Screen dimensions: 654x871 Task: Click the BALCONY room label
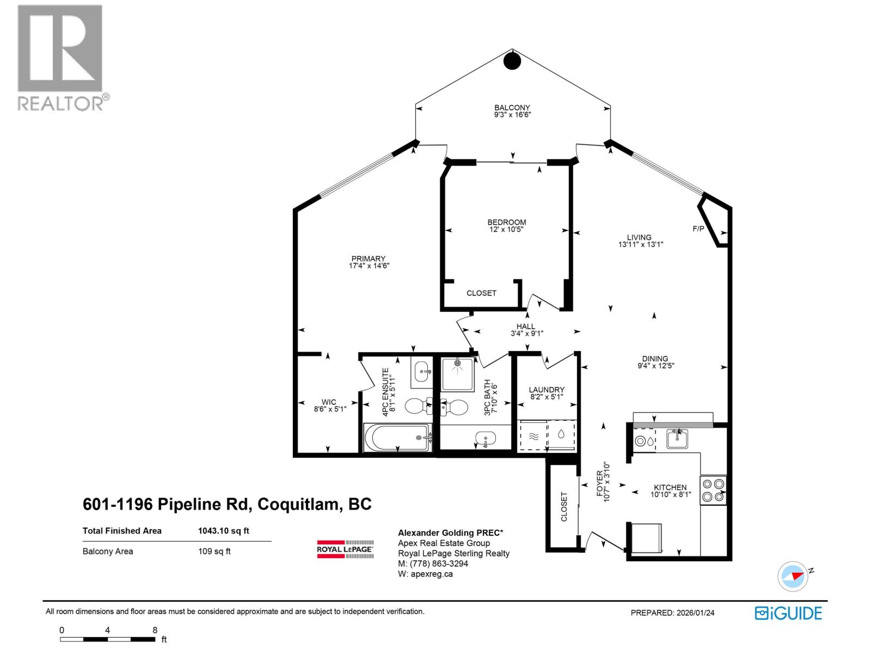coord(512,108)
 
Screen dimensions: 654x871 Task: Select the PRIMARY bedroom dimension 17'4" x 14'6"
coord(369,266)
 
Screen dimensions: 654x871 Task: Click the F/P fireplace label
coord(698,229)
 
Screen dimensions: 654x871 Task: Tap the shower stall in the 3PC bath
coord(457,374)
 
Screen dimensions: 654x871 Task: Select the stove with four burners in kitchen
coord(713,490)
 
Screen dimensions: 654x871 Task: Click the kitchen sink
coord(677,438)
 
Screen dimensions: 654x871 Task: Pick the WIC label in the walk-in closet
coord(329,402)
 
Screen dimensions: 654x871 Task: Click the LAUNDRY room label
coord(547,390)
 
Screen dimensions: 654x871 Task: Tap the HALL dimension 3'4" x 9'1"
coord(526,334)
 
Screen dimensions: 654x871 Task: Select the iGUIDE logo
coord(788,613)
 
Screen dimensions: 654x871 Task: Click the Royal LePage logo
coord(345,549)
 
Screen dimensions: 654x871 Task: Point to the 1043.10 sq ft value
coord(223,530)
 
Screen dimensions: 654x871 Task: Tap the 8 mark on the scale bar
coord(155,630)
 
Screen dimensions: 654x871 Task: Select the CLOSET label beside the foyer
coord(564,506)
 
